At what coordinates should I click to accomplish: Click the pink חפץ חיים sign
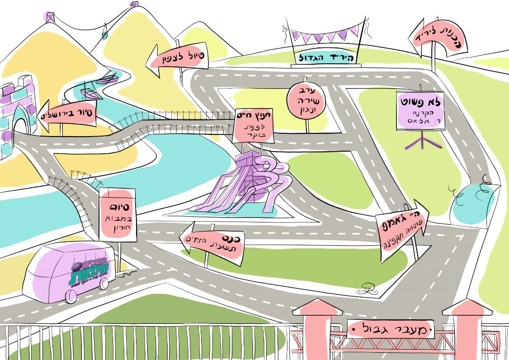coord(254,126)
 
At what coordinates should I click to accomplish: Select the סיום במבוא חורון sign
coord(117,215)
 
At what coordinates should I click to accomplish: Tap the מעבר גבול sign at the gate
coord(391,328)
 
